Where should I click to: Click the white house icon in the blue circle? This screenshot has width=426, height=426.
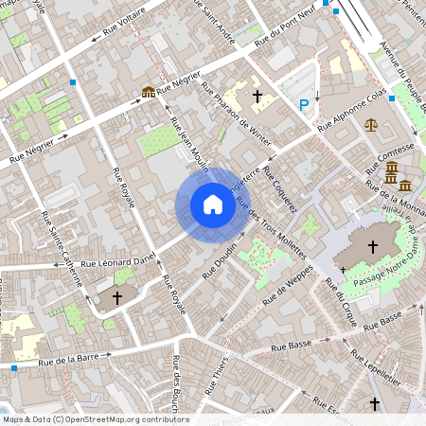[x=212, y=204]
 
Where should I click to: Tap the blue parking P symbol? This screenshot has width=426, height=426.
[x=304, y=105]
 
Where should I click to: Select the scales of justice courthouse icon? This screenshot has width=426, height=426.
[x=370, y=124]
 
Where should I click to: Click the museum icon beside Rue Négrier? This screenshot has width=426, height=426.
[x=148, y=92]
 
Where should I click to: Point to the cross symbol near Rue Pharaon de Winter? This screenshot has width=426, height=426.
[x=257, y=97]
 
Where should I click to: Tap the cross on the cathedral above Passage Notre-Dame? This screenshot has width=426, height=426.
[x=373, y=247]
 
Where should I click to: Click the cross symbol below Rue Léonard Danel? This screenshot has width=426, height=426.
[x=117, y=297]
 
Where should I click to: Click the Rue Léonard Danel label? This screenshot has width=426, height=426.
[x=116, y=258]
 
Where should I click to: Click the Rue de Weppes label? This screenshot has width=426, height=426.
[x=288, y=294]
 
